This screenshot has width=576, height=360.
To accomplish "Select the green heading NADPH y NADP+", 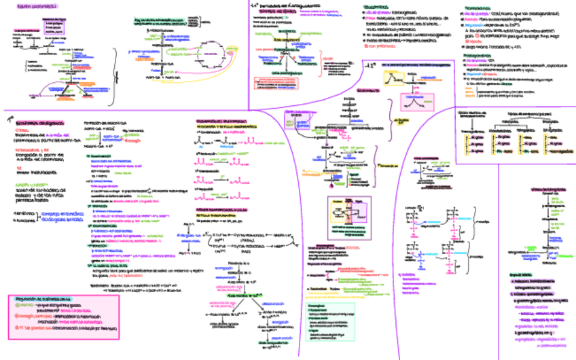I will click(31, 183).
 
